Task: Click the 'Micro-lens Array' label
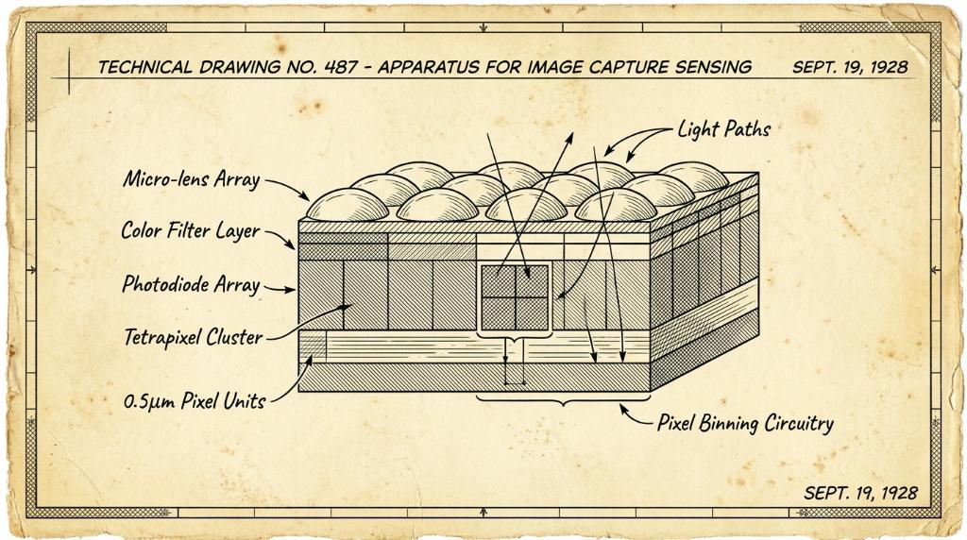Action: coord(191,179)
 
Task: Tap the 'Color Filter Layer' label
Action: coord(191,230)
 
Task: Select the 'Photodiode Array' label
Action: coord(191,284)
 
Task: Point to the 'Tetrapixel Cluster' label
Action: coord(194,337)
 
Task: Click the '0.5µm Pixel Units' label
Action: coord(195,401)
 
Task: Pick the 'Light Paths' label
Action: coord(724,129)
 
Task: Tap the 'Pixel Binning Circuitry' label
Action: coord(745,424)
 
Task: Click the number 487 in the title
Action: coord(340,67)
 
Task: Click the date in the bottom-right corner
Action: coord(860,493)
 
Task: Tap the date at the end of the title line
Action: coord(850,67)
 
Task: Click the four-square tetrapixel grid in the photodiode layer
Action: coord(515,297)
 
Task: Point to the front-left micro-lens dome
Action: coord(348,205)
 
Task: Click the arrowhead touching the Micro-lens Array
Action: coord(304,196)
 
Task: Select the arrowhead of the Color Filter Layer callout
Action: coord(290,245)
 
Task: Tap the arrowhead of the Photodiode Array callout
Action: coord(290,289)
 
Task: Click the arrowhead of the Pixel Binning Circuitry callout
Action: coord(624,408)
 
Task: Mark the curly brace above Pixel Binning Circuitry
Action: coord(563,401)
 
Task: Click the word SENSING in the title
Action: coord(714,67)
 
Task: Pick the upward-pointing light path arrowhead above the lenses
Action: coord(568,138)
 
